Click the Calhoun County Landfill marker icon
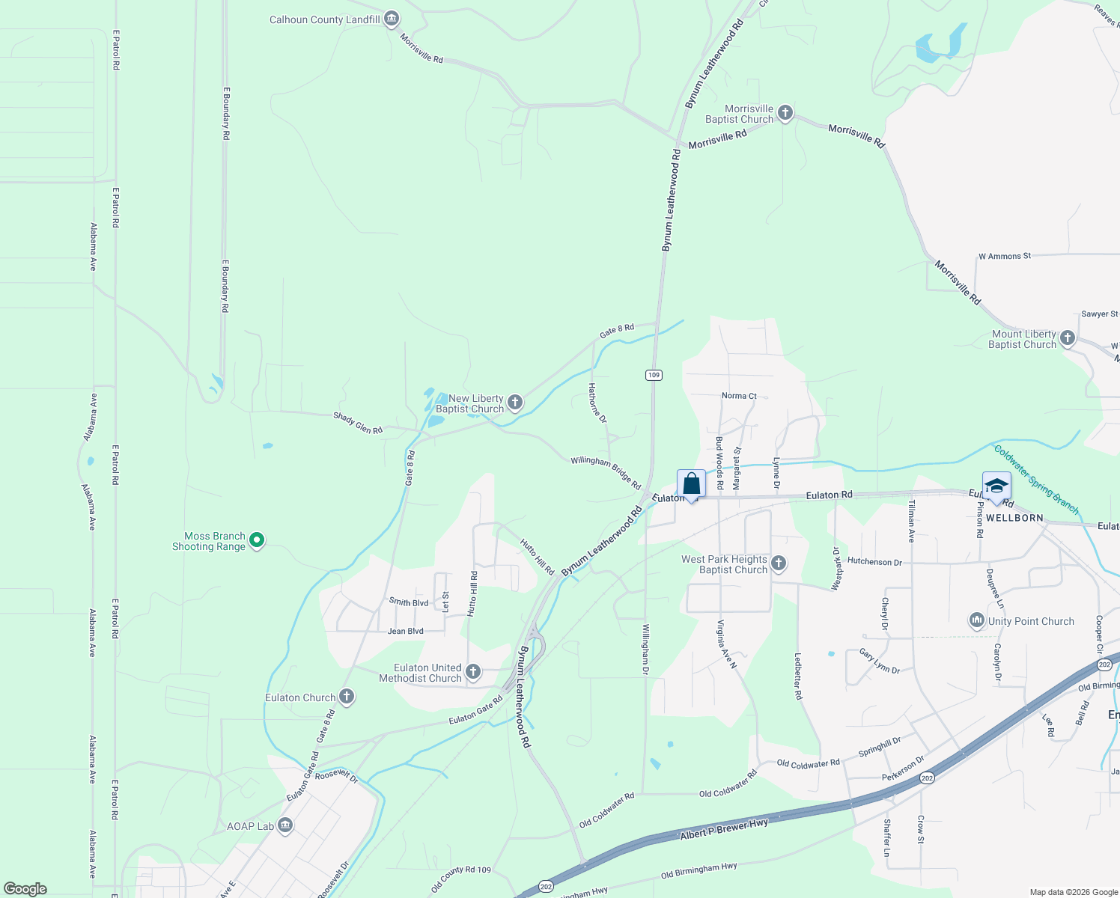(391, 19)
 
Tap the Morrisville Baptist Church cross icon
(785, 114)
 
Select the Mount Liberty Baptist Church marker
(1067, 339)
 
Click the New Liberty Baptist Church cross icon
(514, 403)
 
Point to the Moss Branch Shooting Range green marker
(257, 540)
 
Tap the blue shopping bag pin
(691, 485)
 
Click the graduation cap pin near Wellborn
(996, 487)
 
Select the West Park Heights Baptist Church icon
(778, 563)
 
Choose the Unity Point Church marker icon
(976, 621)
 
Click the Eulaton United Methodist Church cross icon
(472, 672)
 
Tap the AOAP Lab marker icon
(284, 825)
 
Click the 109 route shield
(654, 375)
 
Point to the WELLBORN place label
(1014, 518)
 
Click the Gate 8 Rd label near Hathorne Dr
(616, 329)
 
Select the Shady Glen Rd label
(358, 423)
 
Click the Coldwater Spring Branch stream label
(1036, 479)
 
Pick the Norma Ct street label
(739, 396)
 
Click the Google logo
(25, 888)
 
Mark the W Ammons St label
(1004, 256)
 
